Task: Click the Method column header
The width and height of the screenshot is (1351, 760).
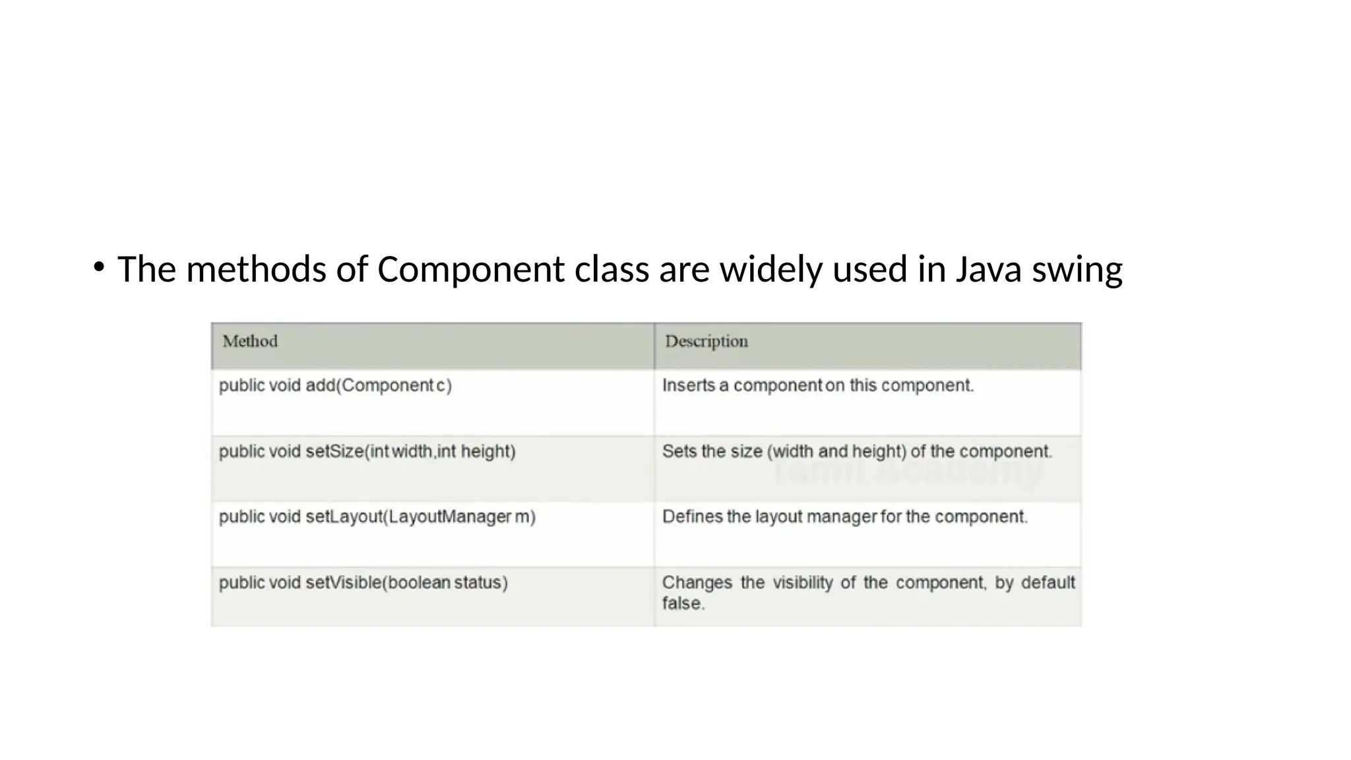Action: [x=250, y=342]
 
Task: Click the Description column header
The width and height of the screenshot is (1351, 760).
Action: [x=706, y=342]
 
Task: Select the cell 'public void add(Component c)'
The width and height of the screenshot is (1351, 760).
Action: [x=335, y=385]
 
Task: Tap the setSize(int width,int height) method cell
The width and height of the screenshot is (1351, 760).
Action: [x=367, y=451]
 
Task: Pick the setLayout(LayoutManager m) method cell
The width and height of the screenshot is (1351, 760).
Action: [x=377, y=517]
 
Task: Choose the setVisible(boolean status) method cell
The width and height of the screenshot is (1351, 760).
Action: [x=363, y=583]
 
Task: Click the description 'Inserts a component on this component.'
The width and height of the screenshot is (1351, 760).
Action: [x=817, y=385]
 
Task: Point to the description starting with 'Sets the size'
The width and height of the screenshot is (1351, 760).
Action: [x=856, y=451]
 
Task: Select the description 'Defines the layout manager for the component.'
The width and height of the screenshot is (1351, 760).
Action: [x=844, y=517]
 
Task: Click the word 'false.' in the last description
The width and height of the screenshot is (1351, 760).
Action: [x=683, y=604]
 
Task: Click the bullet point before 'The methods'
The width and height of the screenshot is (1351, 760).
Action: [x=99, y=267]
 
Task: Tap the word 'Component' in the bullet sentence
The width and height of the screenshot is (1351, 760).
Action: [x=470, y=270]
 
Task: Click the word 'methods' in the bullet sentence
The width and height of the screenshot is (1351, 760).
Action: [x=256, y=270]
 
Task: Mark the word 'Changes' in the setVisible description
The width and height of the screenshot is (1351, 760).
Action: [x=697, y=583]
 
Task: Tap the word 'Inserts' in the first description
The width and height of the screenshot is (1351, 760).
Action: [x=688, y=385]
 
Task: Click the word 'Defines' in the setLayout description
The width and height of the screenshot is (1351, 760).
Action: [x=692, y=517]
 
